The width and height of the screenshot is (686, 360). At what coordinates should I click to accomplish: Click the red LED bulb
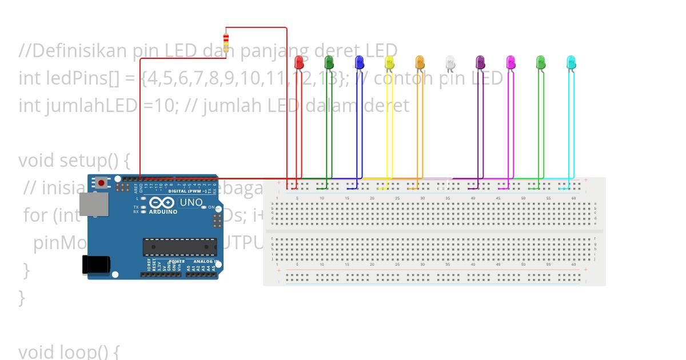coord(299,62)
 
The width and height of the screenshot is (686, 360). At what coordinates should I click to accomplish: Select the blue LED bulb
coord(360,62)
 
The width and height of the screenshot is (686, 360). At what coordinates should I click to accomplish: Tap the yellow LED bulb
coord(390,62)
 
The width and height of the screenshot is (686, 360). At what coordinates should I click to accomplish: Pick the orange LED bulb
coord(420,62)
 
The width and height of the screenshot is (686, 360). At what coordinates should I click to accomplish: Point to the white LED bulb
coord(450,62)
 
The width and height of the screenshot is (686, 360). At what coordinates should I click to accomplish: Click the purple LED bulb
coord(480,62)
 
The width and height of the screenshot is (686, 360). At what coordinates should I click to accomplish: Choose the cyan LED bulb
coord(571,62)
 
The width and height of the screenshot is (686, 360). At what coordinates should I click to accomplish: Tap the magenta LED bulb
coord(510,62)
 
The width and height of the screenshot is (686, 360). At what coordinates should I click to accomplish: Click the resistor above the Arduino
coord(226,42)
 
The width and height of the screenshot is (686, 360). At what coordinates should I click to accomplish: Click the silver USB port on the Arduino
coord(93,204)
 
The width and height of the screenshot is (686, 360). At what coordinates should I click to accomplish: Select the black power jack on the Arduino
coord(95,264)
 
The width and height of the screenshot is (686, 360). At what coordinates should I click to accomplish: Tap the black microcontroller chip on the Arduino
coord(180,247)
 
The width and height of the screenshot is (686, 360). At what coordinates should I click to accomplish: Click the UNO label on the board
coord(191,202)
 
